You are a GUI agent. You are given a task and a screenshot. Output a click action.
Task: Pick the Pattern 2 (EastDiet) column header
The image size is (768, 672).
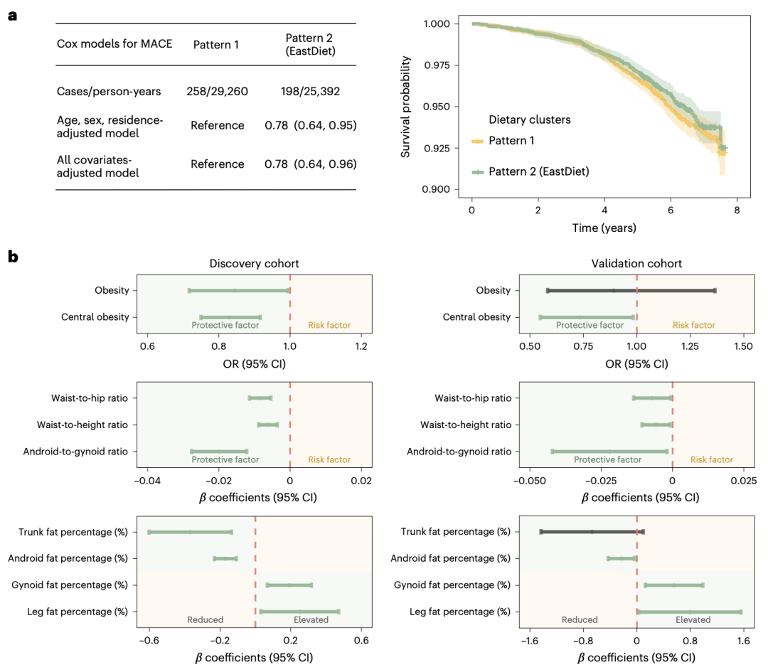[310, 44]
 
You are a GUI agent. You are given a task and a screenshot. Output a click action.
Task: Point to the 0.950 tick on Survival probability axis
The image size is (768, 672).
[447, 107]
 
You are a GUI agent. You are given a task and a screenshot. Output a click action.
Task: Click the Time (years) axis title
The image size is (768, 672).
[604, 228]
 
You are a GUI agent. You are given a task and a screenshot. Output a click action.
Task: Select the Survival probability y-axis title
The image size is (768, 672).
[406, 106]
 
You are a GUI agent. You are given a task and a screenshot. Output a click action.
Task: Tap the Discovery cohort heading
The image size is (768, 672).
[254, 263]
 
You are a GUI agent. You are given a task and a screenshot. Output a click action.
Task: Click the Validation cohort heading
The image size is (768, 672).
[636, 263]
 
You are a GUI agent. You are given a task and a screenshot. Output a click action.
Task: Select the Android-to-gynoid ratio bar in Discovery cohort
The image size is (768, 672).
[219, 452]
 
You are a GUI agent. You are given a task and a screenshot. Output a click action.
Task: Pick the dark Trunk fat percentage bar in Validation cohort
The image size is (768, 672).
[592, 532]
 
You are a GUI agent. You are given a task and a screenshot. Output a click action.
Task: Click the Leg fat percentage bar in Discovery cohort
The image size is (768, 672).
[299, 612]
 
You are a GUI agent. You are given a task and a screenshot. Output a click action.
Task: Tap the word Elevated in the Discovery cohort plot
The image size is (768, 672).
[311, 619]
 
